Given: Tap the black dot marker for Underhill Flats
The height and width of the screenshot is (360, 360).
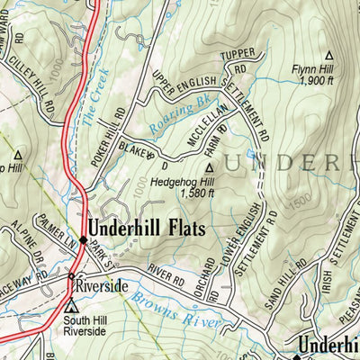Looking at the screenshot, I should click(x=83, y=240).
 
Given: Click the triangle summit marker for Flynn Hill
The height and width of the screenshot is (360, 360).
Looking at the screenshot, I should click(x=328, y=54).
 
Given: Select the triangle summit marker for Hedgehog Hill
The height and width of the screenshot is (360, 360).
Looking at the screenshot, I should click(x=211, y=166).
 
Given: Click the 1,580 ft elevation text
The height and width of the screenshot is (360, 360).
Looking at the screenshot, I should click(x=197, y=192).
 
